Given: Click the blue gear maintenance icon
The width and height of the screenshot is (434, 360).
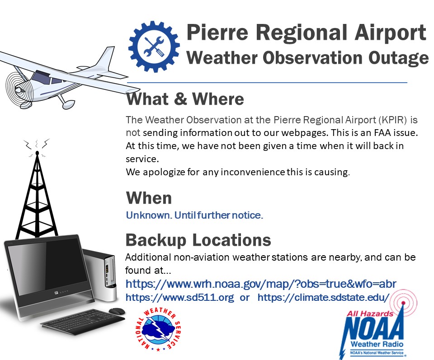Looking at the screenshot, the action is point(154,47).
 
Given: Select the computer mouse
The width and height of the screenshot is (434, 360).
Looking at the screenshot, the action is point(117,311).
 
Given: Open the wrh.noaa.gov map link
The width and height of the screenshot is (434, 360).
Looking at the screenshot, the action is point(261,284).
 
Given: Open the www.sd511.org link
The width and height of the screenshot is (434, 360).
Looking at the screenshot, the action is point(180,298).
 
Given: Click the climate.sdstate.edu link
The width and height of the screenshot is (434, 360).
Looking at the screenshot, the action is point(324,298).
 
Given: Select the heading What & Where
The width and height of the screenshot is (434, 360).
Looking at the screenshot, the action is point(185,99).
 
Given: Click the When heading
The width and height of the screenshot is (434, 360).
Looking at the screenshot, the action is point(149,198).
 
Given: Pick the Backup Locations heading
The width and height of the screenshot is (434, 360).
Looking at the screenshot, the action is point(198,240).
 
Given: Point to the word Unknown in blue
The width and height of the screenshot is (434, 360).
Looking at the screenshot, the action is point(149,215).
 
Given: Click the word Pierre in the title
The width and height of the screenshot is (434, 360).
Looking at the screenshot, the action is point(217,33).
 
